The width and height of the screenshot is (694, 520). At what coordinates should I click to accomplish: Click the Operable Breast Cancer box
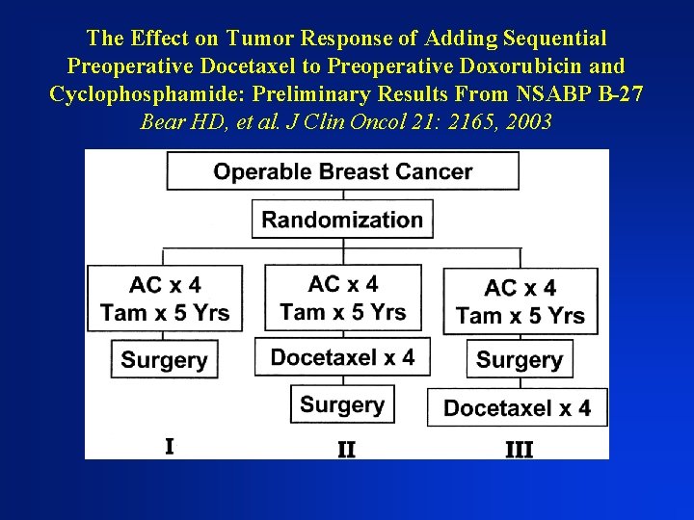342,171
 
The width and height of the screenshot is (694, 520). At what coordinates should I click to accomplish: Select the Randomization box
342,219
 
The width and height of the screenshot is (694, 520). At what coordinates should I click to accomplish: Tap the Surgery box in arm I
164,360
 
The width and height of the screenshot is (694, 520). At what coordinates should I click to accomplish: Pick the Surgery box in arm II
342,404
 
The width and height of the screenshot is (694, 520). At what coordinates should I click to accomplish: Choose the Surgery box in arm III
520,360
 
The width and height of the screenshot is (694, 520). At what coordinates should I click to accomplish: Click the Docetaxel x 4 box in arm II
342,357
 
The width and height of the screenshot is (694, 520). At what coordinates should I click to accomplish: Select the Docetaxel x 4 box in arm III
517,408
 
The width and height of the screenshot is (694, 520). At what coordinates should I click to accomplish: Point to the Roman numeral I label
170,446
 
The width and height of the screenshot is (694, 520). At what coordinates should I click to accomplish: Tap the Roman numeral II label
346,449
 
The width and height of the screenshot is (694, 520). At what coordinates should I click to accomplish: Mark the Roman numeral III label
519,449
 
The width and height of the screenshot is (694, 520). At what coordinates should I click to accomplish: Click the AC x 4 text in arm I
165,285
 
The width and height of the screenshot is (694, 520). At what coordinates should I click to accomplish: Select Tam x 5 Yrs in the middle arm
343,312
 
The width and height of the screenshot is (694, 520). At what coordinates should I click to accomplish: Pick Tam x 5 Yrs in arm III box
520,316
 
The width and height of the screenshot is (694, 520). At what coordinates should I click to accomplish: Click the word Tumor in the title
262,39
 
